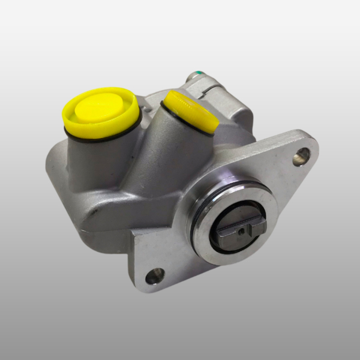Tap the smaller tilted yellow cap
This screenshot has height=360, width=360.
(x=191, y=112)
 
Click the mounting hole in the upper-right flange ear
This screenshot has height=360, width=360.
(x=301, y=157)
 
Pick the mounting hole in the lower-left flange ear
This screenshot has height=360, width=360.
(x=154, y=275)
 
